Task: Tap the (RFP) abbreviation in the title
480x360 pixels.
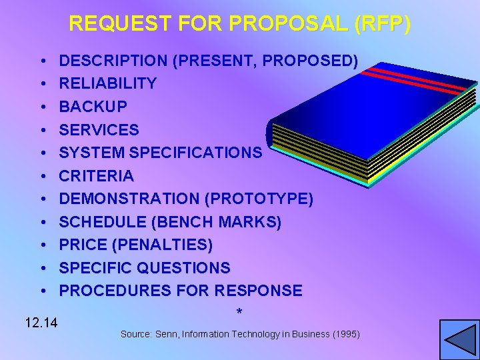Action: [x=383, y=24]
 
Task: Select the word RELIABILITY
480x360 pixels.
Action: [x=108, y=83]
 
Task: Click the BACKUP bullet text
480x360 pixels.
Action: [x=93, y=107]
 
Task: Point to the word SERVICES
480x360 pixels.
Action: [x=99, y=130]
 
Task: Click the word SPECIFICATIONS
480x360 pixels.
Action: [x=196, y=153]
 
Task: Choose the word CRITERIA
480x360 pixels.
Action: [x=97, y=176]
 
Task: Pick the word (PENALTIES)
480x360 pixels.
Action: [x=163, y=245]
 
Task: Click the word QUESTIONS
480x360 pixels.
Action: [x=184, y=268]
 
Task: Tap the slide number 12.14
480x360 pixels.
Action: [x=41, y=324]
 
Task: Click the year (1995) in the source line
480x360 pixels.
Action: [x=345, y=334]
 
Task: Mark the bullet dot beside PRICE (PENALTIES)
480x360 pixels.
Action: [x=42, y=245]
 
